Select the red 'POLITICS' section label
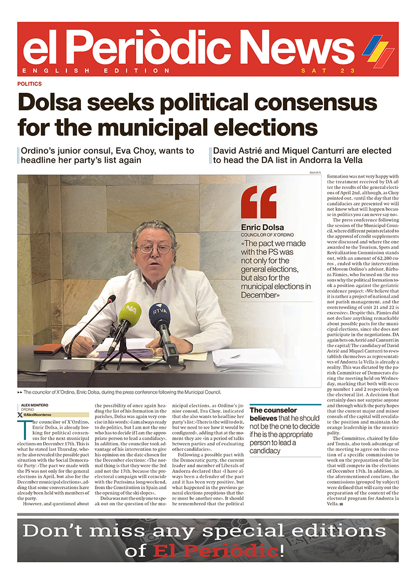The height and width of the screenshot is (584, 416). [x=29, y=84]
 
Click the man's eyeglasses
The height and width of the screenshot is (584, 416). [x=154, y=248]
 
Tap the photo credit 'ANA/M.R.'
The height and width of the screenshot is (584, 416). [x=314, y=173]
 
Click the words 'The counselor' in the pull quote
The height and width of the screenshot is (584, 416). [x=273, y=411]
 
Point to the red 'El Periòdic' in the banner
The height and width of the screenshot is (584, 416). [x=215, y=551]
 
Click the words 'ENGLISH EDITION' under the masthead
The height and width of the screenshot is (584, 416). [x=96, y=71]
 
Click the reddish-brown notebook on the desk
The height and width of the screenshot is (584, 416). [x=48, y=349]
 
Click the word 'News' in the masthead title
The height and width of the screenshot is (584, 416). [x=300, y=49]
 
